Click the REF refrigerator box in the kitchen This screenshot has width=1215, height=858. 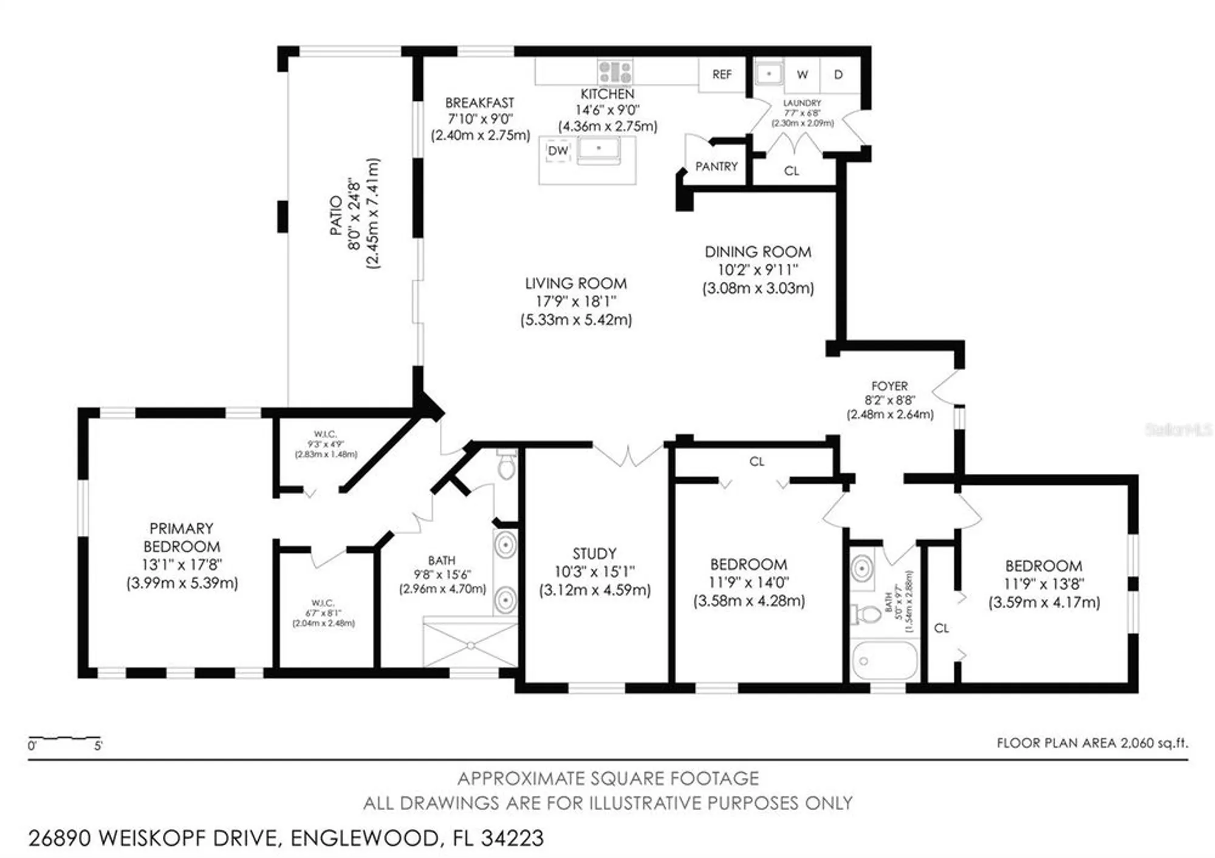[722, 75]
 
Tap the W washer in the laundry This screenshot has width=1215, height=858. [802, 75]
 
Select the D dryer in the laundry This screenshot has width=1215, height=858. [838, 75]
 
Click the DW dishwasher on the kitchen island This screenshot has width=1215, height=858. [558, 151]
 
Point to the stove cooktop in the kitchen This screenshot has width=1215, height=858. [615, 72]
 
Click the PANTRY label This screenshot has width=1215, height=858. [716, 166]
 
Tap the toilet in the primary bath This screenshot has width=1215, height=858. [505, 467]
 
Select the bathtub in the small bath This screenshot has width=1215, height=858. [885, 660]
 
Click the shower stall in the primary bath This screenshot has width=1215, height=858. [470, 644]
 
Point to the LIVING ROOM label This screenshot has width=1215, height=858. [576, 284]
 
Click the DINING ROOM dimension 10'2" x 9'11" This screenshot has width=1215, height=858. [758, 270]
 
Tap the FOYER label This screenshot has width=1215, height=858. [889, 386]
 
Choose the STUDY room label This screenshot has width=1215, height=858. [594, 554]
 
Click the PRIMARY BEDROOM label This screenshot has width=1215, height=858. [182, 537]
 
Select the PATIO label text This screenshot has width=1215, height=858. [335, 215]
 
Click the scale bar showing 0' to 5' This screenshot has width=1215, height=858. [64, 740]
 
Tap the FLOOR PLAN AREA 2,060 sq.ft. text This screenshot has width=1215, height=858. [1092, 743]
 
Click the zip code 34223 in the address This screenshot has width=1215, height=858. [512, 839]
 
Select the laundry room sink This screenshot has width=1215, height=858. [769, 74]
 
